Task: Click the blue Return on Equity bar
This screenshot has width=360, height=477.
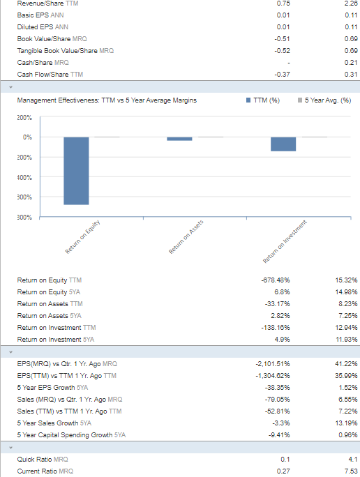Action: click(76, 171)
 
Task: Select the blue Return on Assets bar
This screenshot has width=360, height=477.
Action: click(179, 139)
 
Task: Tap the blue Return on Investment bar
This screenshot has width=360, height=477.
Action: click(283, 144)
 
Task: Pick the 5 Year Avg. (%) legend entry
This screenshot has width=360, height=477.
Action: click(324, 100)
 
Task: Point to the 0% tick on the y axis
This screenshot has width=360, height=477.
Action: click(27, 137)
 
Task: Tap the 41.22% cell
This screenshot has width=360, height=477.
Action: click(346, 363)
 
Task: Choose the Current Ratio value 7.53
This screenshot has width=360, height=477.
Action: click(351, 471)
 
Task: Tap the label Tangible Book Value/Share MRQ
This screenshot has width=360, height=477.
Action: click(65, 50)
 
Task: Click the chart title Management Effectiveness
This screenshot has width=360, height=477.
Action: click(107, 100)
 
